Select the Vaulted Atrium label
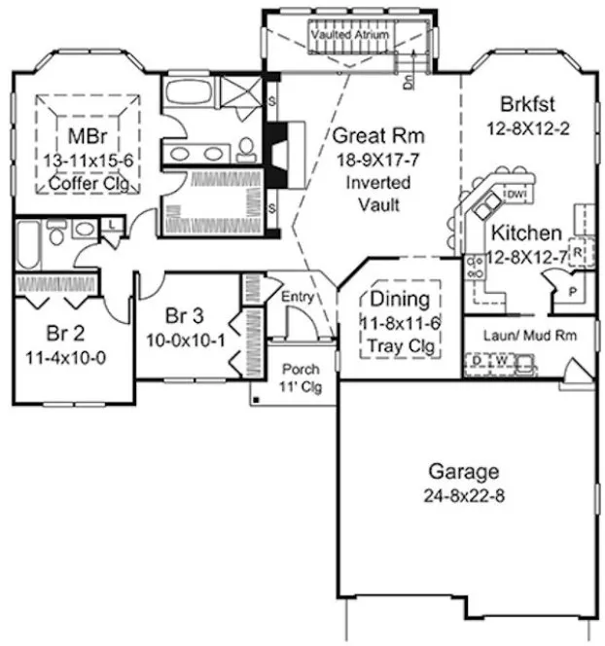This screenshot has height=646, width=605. coord(350,34)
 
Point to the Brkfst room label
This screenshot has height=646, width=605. coord(526,104)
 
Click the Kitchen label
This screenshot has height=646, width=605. coord(526,233)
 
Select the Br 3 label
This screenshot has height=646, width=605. coord(184,316)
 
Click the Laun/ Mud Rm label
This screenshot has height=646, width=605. coord(525,335)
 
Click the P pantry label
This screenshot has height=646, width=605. coord(573,290)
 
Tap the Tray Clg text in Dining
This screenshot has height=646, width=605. coord(401,345)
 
